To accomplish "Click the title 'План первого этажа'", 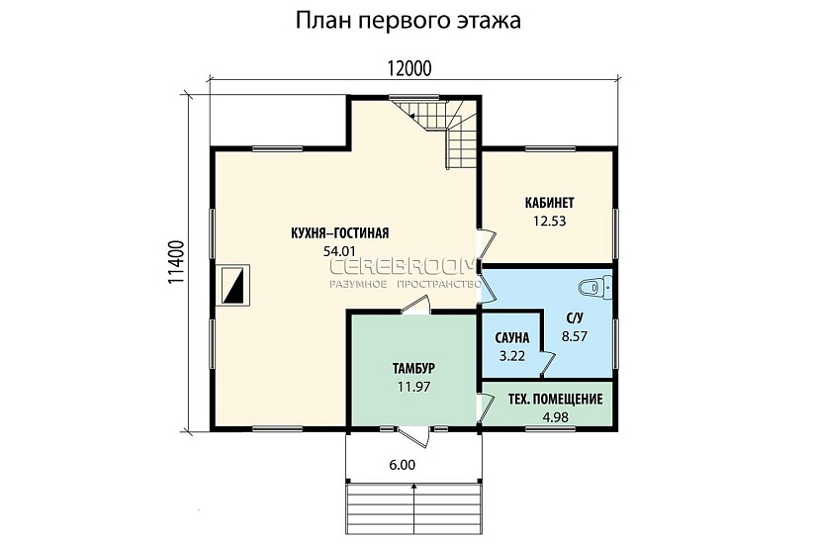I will click(408, 20).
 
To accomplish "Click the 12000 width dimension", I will click(409, 67).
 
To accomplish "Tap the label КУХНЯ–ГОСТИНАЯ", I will click(339, 233).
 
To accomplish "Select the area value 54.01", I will click(339, 251).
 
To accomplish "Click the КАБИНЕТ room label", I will click(549, 203).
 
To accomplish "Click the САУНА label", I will click(511, 337).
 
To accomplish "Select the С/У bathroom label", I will click(575, 318).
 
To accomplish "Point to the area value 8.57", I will click(575, 336).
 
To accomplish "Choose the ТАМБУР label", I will click(413, 368).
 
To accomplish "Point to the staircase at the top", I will click(443, 133).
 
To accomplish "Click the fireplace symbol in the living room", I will click(234, 286).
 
